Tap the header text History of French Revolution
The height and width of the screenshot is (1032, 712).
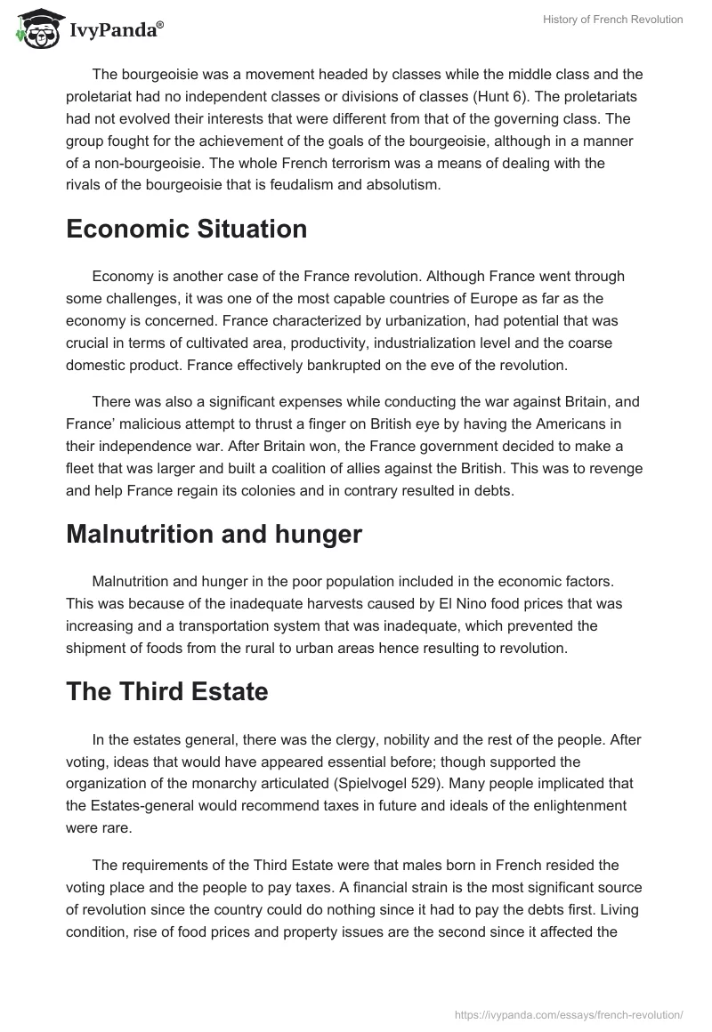[x=612, y=20]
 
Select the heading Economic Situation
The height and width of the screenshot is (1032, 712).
[x=186, y=229]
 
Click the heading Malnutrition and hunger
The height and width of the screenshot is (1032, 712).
[x=214, y=534]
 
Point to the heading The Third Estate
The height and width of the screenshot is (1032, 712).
[x=167, y=691]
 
